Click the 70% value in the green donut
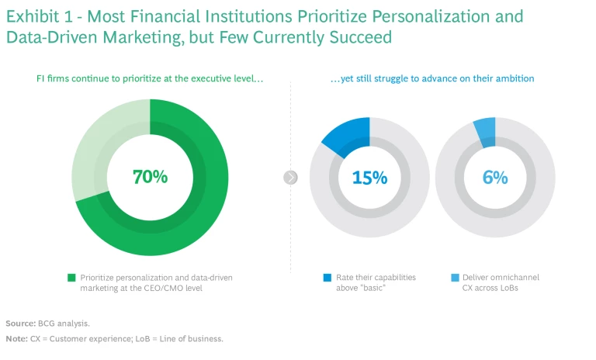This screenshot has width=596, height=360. pos(150,177)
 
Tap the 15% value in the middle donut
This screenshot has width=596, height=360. pos(369,178)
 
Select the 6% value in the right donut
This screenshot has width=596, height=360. pos(494,178)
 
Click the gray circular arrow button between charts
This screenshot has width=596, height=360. pos(291,178)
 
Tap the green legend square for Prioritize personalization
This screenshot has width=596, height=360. pos(71,277)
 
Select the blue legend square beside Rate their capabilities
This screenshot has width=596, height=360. pos(327,277)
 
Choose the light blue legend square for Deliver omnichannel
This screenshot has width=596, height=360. pos(454,277)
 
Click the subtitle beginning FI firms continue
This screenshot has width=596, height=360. pos(150,78)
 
